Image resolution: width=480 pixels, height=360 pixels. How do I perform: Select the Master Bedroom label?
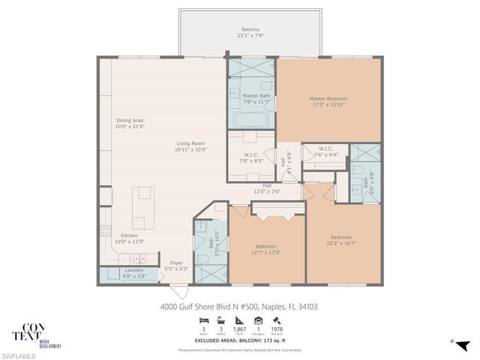[x=328, y=98]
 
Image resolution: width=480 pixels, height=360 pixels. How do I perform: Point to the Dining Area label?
[x=129, y=120]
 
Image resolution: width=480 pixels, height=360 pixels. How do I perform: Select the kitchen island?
[x=141, y=210]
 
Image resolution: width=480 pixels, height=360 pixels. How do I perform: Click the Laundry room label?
[x=134, y=270]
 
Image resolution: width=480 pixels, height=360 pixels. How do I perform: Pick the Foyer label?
[x=176, y=262]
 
